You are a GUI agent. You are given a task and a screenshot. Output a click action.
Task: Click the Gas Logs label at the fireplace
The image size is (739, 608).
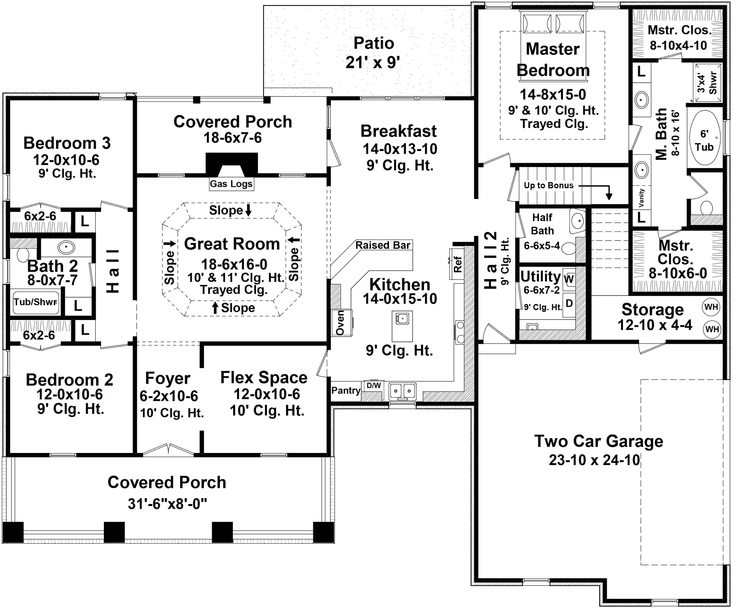tap(231, 184)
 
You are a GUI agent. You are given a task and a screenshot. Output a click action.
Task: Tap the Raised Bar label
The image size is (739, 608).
tap(383, 245)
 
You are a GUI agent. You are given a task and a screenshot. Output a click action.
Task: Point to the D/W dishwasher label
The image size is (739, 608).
tap(373, 386)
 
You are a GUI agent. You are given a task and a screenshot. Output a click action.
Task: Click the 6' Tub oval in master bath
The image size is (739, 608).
tap(704, 138)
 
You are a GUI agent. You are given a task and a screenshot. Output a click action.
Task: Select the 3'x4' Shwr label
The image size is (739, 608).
tap(707, 83)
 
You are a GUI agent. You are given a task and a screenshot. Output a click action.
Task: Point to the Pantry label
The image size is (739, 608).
tap(346, 390)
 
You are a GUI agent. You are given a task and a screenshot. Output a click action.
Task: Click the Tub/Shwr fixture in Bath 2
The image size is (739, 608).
tap(35, 302)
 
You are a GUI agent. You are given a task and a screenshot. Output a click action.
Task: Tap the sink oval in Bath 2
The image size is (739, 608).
tap(66, 248)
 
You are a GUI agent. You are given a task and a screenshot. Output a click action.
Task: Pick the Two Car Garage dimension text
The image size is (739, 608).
tap(594, 460)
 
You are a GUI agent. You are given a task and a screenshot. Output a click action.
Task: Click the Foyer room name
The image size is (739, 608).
tap(168, 378)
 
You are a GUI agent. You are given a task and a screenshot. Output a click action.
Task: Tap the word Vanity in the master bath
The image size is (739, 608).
tap(641, 198)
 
